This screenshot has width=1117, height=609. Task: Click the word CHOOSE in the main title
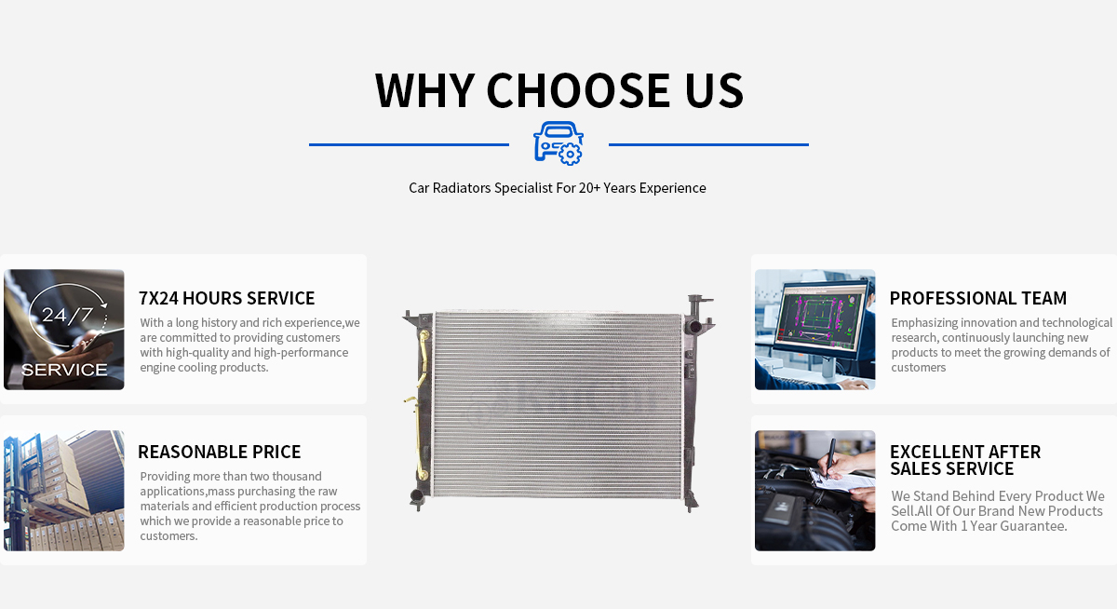(x=578, y=90)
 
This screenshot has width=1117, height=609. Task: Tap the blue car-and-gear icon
(x=558, y=143)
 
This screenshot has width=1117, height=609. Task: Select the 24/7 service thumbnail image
(x=64, y=330)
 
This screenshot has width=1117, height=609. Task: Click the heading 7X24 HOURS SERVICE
(x=226, y=298)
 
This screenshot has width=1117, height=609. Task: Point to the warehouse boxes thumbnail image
(x=64, y=491)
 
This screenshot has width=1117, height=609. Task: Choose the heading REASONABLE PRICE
(x=220, y=452)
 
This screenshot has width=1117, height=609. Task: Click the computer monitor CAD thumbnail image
(x=814, y=330)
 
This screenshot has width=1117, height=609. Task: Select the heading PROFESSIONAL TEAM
(x=978, y=298)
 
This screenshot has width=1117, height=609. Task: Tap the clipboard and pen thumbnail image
(x=814, y=491)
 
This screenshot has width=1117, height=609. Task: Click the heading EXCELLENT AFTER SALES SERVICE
(x=965, y=460)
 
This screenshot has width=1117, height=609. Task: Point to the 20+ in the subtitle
(x=589, y=188)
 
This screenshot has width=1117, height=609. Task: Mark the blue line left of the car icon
(x=409, y=144)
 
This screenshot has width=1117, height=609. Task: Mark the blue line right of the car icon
(x=708, y=144)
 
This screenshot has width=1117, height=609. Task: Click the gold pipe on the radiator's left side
(x=423, y=359)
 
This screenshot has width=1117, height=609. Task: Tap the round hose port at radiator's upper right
(x=693, y=328)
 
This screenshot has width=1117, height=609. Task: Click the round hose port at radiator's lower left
(x=417, y=495)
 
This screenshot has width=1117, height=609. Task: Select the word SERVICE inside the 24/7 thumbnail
(x=64, y=370)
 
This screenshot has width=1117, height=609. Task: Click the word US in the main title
(x=714, y=90)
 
